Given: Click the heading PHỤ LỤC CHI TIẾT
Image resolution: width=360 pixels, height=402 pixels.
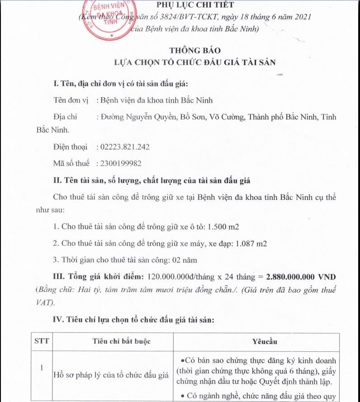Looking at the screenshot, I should point(195,5).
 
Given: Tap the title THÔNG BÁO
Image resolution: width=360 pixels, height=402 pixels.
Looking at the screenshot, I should point(195,50).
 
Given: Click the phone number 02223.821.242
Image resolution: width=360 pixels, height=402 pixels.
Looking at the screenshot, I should point(123,147).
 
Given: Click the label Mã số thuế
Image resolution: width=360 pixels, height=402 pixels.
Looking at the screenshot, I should point(71,163).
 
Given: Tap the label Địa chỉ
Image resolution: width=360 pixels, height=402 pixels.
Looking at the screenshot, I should point(65,117).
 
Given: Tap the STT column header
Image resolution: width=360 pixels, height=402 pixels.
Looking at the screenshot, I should point(42,341).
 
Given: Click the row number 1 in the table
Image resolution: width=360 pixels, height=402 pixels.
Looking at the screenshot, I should point(42,368).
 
